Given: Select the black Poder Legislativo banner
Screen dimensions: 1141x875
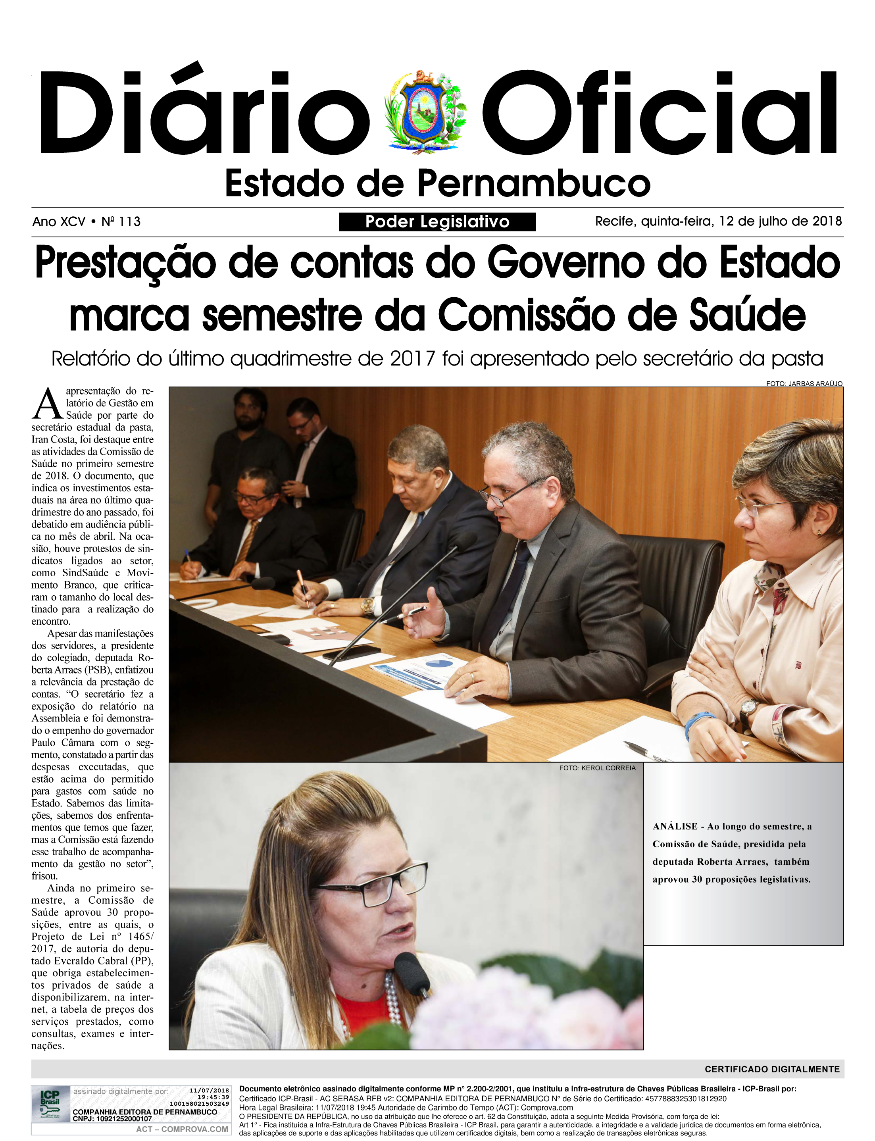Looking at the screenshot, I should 437,222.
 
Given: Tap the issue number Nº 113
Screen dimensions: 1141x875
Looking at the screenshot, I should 121,222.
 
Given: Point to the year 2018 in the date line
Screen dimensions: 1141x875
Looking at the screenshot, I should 827,221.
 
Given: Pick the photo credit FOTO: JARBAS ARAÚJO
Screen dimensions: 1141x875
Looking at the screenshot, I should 804,383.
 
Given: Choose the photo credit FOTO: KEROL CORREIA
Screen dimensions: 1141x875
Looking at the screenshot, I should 597,768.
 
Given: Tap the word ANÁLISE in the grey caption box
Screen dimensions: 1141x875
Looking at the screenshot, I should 675,826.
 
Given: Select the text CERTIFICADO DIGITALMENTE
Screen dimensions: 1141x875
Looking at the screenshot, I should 772,1069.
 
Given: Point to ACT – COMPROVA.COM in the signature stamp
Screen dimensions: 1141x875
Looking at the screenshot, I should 182,1129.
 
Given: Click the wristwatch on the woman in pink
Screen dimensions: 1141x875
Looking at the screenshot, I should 748,708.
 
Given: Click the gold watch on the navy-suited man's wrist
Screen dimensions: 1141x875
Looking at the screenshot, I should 368,605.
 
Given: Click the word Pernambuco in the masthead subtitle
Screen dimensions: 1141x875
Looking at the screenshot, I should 534,184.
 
